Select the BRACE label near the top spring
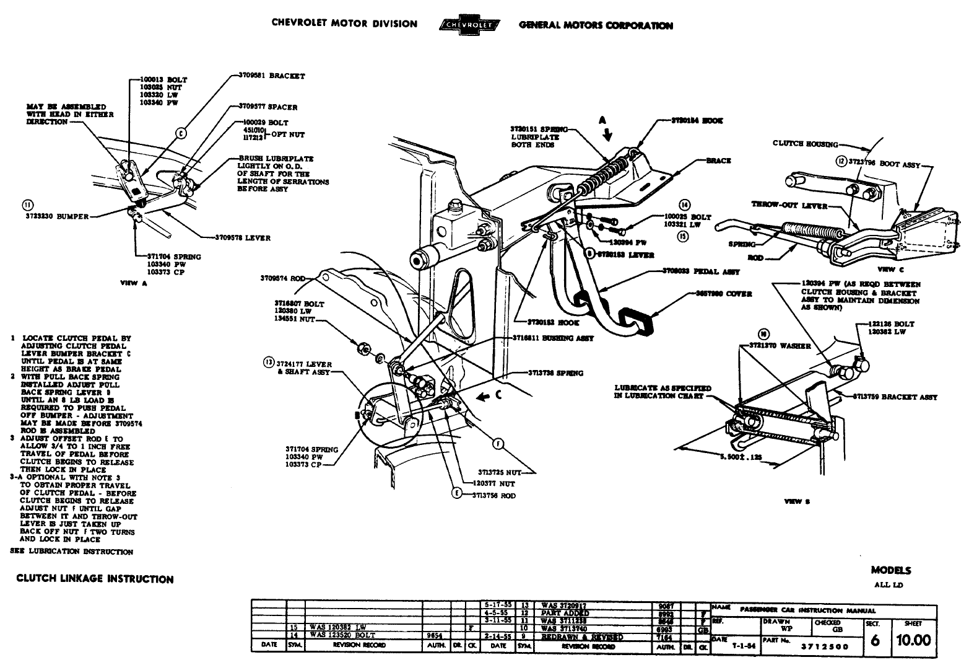718,161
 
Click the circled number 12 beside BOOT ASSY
840,161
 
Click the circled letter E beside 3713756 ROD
457,494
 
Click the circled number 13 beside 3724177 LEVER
268,361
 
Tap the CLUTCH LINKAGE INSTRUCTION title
95,579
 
